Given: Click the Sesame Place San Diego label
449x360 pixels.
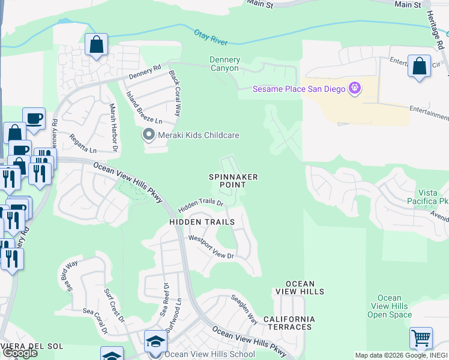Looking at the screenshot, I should tap(298, 89).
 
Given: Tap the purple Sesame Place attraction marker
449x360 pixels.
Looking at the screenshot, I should tap(355, 89).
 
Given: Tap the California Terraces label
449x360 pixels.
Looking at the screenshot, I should tap(288, 323).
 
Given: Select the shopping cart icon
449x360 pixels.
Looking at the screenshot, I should tap(421, 337).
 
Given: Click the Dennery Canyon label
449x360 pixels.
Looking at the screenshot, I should tap(224, 64).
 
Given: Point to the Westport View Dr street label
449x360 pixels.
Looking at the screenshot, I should tap(211, 247).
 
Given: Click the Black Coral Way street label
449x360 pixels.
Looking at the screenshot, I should tap(175, 94).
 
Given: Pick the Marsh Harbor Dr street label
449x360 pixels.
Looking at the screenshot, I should tap(112, 125).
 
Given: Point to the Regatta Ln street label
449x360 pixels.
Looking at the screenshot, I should tap(83, 144).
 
